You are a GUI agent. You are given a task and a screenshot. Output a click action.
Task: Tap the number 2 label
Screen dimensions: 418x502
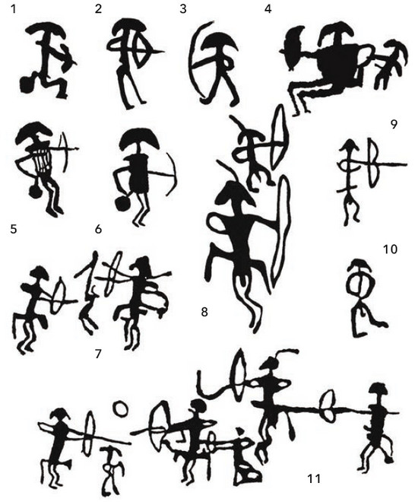coord(98,8)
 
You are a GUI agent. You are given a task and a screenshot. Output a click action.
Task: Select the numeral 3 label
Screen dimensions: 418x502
coord(182,8)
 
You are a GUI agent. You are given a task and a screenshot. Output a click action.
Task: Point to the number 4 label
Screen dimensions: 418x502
coord(268,8)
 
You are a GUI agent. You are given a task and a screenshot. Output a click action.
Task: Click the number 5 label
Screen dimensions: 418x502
coord(13,229)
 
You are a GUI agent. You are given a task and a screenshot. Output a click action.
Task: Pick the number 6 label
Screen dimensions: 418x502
coord(98,229)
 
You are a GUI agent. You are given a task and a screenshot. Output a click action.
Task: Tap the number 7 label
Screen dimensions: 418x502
coord(98,354)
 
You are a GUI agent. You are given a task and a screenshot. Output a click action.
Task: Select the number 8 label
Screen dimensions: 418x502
coord(204,312)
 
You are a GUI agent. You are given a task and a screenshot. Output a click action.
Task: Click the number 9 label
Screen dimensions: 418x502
coord(394,124)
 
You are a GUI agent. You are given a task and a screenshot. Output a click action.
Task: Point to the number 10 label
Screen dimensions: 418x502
coord(390,249)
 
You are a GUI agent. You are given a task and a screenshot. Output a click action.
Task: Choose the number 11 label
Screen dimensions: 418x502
coord(314,478)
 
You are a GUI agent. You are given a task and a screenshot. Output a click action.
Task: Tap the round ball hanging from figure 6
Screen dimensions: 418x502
coord(122,204)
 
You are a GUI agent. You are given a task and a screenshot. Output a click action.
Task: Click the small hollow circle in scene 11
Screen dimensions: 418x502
coord(121,408)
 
